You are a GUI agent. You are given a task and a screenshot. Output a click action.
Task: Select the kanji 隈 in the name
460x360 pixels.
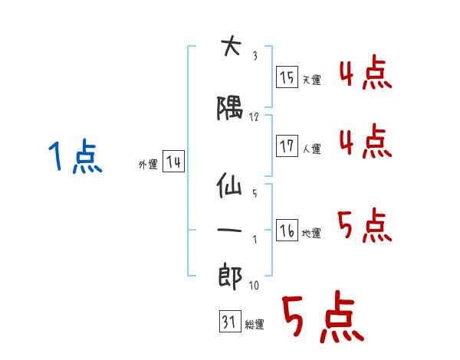[230, 110]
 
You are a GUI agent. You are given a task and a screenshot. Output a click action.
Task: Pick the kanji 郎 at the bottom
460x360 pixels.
[230, 273]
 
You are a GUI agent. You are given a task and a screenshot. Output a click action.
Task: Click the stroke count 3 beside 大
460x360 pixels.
[255, 56]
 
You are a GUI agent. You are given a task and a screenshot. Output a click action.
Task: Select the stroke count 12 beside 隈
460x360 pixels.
[255, 117]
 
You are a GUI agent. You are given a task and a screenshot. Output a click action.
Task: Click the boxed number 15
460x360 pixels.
[287, 77]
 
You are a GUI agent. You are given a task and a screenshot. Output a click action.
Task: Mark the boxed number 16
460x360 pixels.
[287, 231]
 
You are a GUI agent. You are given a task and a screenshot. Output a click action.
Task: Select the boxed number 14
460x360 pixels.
[173, 162]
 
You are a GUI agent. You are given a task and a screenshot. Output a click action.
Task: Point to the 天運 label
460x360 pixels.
[311, 80]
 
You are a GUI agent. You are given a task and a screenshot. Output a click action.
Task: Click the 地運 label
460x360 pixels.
[311, 233]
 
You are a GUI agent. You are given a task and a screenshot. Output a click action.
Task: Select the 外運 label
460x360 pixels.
[148, 164]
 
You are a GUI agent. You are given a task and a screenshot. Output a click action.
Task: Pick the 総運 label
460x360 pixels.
[254, 325]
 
